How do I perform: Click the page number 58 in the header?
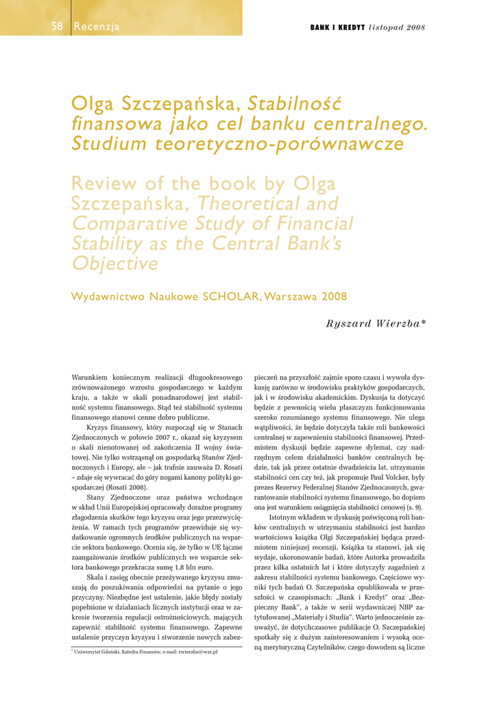click(57, 27)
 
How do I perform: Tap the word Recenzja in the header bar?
click(97, 27)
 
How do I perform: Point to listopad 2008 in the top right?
click(397, 27)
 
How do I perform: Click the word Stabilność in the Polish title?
click(294, 104)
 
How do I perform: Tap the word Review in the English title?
click(110, 184)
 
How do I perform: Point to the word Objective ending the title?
click(115, 264)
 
